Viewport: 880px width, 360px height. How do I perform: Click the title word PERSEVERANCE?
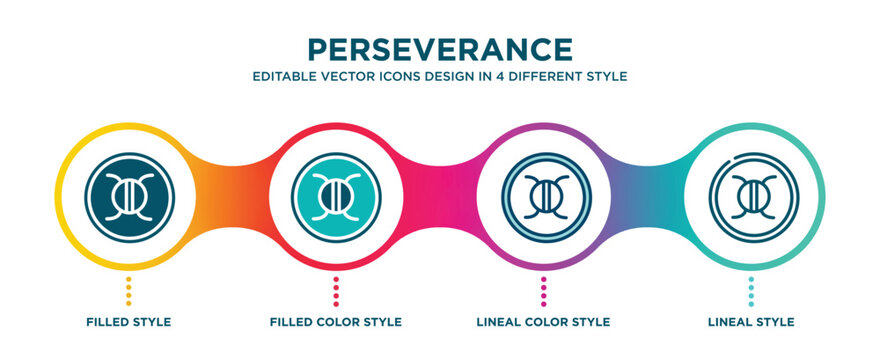[440, 49]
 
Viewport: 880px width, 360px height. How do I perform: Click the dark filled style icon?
[129, 190]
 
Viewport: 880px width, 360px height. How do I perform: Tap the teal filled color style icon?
[336, 190]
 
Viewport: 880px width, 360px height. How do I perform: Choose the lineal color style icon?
[543, 190]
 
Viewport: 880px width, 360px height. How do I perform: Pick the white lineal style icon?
[750, 190]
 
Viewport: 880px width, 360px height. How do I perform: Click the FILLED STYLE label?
[129, 322]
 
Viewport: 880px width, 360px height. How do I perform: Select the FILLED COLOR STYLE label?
[336, 322]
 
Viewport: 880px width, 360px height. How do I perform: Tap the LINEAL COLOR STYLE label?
[543, 322]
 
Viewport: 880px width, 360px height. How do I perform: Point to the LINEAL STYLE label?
[750, 322]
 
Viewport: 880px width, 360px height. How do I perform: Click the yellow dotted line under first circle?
[129, 291]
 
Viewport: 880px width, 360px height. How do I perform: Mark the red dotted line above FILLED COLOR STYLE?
[336, 291]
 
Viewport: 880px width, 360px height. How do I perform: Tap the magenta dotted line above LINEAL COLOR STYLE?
[543, 291]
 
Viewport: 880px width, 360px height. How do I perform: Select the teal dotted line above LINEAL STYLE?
[750, 291]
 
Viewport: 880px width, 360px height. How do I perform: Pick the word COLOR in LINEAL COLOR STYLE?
[545, 322]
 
